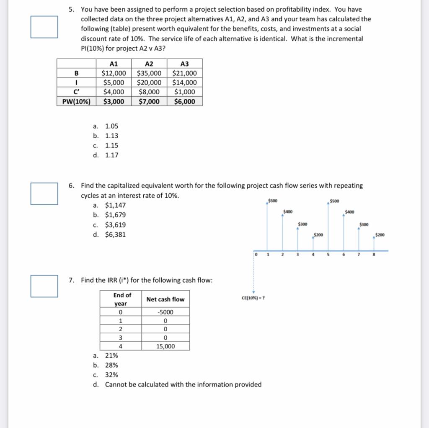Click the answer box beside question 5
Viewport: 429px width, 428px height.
click(44, 27)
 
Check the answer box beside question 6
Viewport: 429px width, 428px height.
click(44, 193)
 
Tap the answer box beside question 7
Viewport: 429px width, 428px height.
click(44, 286)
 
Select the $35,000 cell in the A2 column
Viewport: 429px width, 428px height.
click(149, 73)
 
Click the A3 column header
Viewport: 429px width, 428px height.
click(184, 64)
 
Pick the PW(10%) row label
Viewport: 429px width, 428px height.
click(76, 101)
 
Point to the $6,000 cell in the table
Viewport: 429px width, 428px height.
click(184, 101)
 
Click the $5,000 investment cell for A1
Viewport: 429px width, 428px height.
click(114, 83)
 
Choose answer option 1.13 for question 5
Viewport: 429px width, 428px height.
click(111, 136)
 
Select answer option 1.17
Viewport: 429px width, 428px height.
click(111, 155)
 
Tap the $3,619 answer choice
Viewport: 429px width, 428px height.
click(115, 225)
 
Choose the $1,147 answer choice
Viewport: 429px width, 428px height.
click(115, 205)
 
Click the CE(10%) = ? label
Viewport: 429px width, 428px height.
click(253, 298)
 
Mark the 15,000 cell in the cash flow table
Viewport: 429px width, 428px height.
click(165, 346)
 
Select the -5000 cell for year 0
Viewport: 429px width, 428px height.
click(165, 312)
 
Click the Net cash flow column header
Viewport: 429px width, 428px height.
click(165, 299)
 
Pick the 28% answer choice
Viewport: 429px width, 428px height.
click(111, 365)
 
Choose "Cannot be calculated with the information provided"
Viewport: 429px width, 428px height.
click(183, 384)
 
